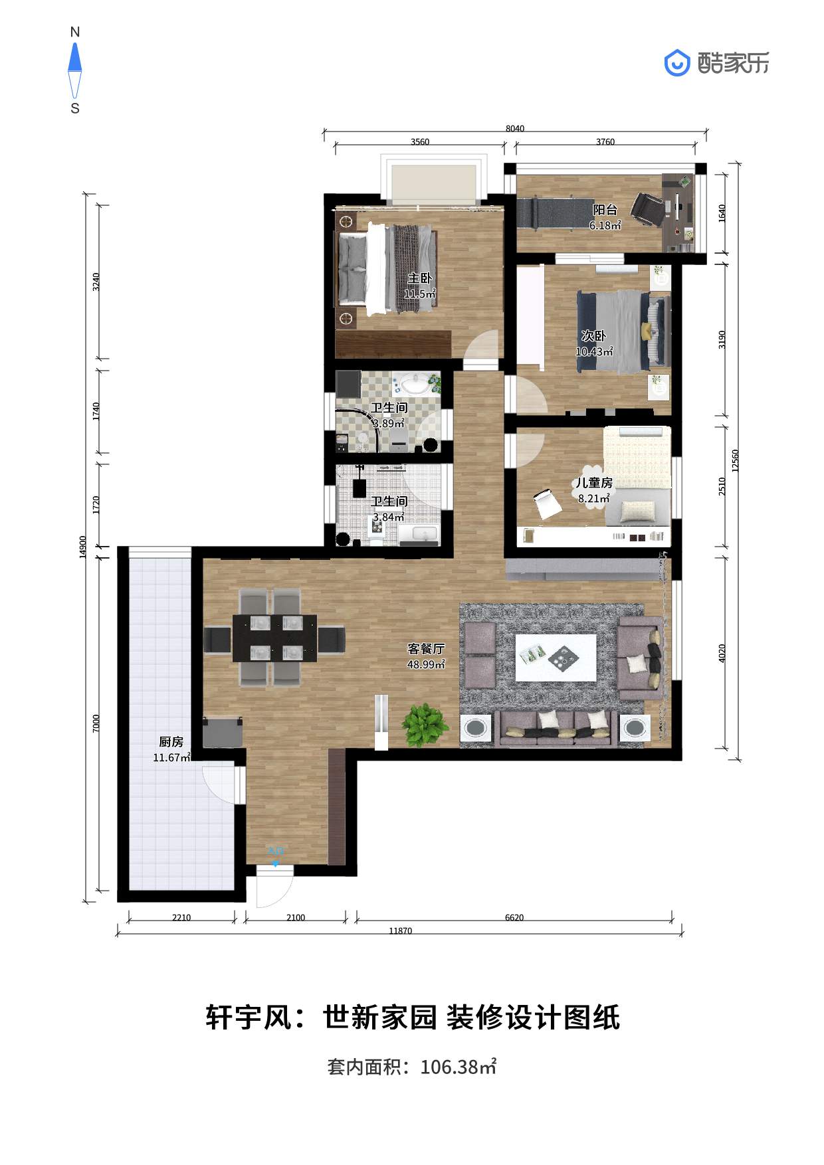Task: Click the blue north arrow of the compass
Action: (x=75, y=57)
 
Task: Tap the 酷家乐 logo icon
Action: (x=677, y=63)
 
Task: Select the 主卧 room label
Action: (x=420, y=278)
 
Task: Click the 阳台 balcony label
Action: (x=605, y=210)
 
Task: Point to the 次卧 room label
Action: (x=593, y=336)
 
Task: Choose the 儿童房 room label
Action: (x=594, y=483)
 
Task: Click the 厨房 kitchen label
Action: (x=171, y=742)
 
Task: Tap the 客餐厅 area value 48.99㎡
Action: (x=426, y=664)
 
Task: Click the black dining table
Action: (x=274, y=638)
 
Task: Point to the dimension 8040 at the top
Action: (x=515, y=129)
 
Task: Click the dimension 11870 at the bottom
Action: (x=400, y=931)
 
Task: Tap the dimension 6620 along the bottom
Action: (x=514, y=918)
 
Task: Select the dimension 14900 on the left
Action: (x=83, y=547)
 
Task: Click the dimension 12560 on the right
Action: (x=735, y=461)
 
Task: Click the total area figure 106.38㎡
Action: (x=459, y=1067)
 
